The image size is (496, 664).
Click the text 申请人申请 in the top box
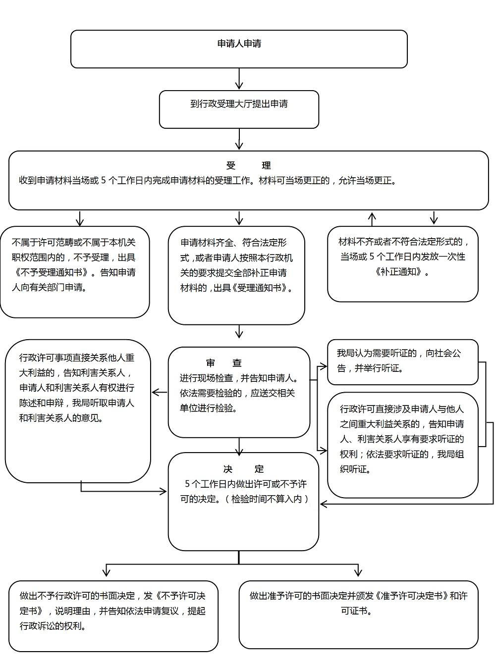click(x=239, y=44)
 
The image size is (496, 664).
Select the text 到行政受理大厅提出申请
click(x=239, y=104)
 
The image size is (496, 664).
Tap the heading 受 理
click(x=248, y=165)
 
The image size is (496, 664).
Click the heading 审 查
click(x=224, y=363)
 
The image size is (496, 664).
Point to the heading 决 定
click(x=243, y=468)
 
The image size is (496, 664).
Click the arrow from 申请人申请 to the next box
click(x=239, y=79)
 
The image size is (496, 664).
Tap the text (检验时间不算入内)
click(x=270, y=499)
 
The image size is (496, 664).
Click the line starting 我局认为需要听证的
click(x=399, y=354)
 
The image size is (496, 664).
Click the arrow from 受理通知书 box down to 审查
click(x=239, y=332)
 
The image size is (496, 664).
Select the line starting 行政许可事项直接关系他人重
click(x=77, y=358)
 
